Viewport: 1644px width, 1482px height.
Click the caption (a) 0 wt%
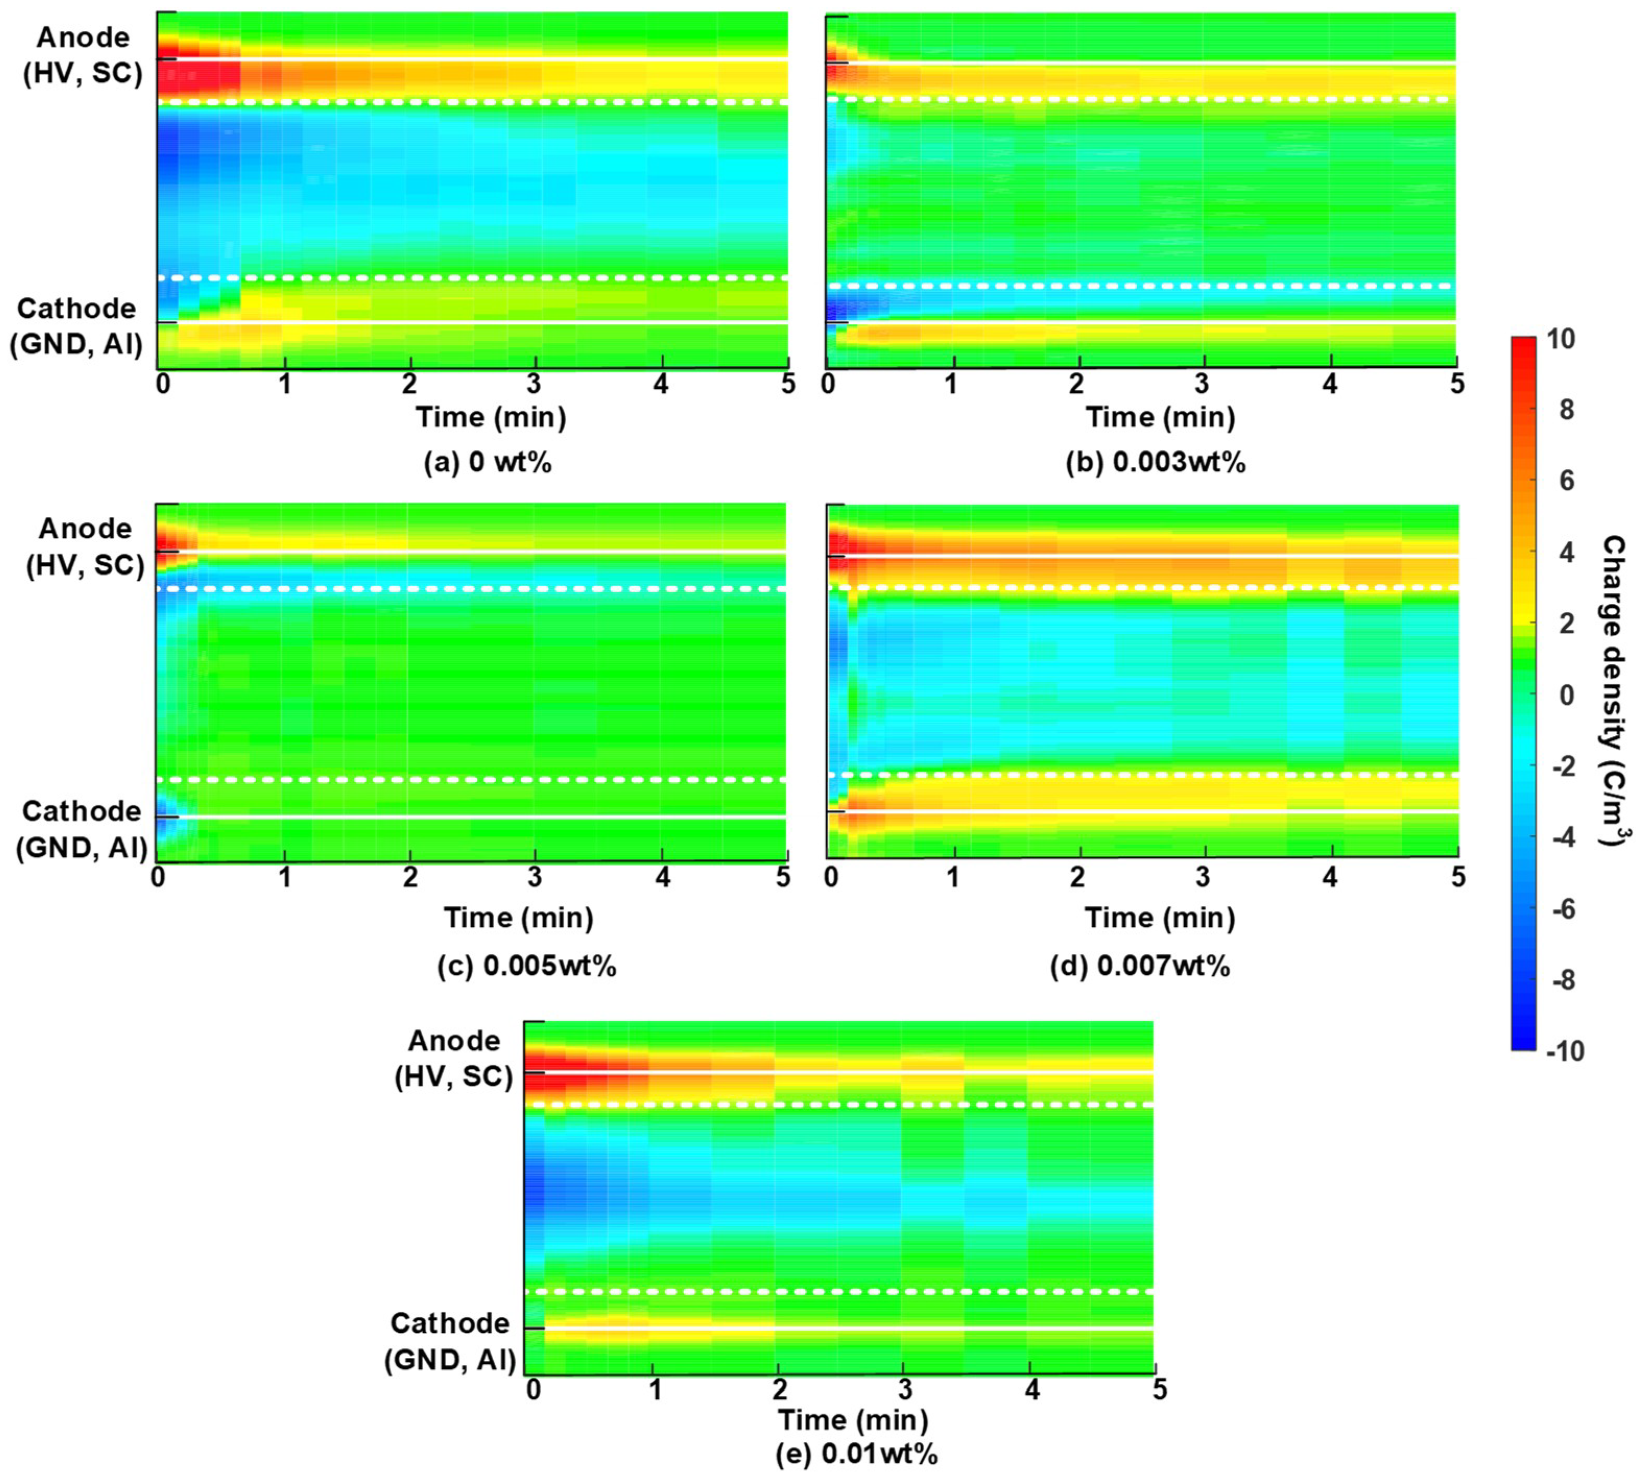[488, 462]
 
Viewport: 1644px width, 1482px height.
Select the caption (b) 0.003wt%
[1155, 462]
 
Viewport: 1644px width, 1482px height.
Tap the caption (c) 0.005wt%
[527, 966]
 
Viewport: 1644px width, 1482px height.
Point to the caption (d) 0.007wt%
[1140, 966]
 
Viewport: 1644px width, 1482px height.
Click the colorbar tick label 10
[1560, 340]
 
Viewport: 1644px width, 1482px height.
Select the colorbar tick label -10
[1564, 1051]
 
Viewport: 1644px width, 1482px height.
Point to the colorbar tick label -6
[1564, 910]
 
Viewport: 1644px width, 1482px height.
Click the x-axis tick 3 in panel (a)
[534, 384]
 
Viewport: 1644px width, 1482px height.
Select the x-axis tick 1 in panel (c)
[284, 877]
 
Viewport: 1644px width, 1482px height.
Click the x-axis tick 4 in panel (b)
[1330, 384]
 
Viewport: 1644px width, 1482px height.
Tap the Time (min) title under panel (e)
[853, 1419]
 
